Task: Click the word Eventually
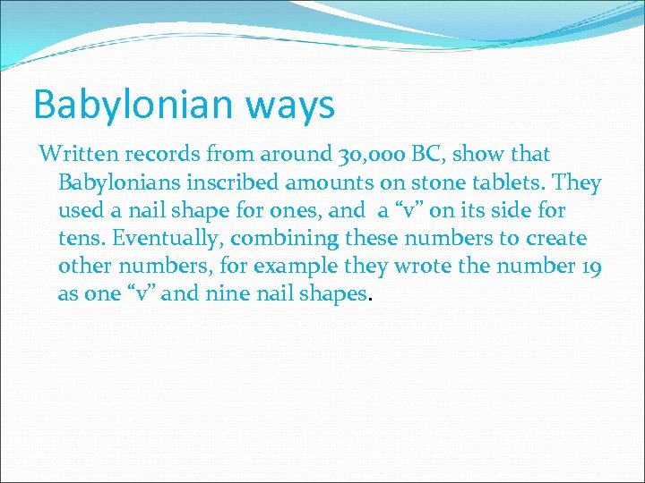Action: click(160, 240)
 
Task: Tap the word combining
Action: click(273, 240)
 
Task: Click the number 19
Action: click(588, 267)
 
